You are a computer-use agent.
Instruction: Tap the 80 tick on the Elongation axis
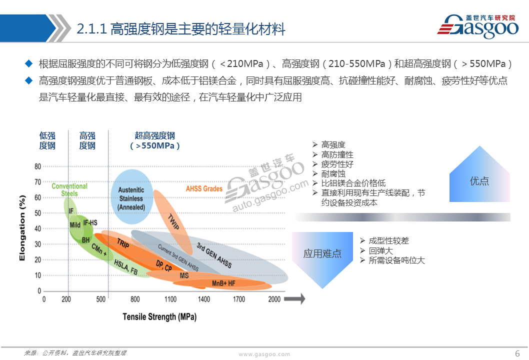[x=38, y=166]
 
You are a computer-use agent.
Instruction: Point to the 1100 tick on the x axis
[x=170, y=299]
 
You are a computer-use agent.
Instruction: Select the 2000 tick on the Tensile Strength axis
[x=274, y=299]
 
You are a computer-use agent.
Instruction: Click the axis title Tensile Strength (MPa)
[x=159, y=317]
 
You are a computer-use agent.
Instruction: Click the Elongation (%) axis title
[x=22, y=227]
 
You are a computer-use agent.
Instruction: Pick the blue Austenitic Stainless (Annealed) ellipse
[x=132, y=196]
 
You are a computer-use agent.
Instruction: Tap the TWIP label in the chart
[x=173, y=221]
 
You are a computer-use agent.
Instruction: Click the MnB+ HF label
[x=223, y=283]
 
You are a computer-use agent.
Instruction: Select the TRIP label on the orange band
[x=123, y=242]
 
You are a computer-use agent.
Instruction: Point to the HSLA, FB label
[x=126, y=267]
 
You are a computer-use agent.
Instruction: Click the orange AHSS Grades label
[x=204, y=188]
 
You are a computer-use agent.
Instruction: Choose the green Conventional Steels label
[x=69, y=189]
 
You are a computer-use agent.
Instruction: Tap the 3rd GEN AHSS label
[x=214, y=255]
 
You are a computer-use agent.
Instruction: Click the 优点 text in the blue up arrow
[x=479, y=181]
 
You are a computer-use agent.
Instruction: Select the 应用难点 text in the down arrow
[x=322, y=253]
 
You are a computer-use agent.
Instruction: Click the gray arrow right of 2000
[x=294, y=299]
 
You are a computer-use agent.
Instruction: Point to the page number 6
[x=517, y=353]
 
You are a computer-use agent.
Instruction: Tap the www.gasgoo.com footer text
[x=264, y=354]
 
